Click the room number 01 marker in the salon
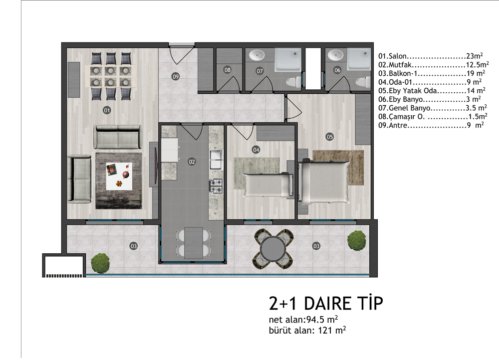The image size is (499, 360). tap(107, 110)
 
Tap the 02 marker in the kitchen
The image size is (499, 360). tap(192, 162)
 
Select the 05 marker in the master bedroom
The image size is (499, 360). tap(330, 137)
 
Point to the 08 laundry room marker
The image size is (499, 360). tap(227, 70)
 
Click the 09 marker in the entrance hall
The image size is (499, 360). tap(176, 76)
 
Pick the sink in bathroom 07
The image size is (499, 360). tap(257, 55)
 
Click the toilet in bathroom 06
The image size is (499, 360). tap(363, 82)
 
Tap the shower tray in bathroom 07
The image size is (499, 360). tap(288, 59)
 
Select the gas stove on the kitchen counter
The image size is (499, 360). tap(216, 186)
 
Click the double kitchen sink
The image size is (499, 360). tap(216, 160)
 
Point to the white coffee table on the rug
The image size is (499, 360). tap(119, 176)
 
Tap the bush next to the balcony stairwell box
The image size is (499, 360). tap(100, 263)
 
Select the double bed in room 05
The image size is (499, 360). tap(324, 182)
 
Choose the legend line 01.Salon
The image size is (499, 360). tap(431, 56)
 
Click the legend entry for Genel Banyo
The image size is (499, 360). tap(433, 108)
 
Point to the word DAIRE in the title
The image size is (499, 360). tap(328, 303)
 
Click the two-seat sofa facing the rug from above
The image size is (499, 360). tap(118, 137)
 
